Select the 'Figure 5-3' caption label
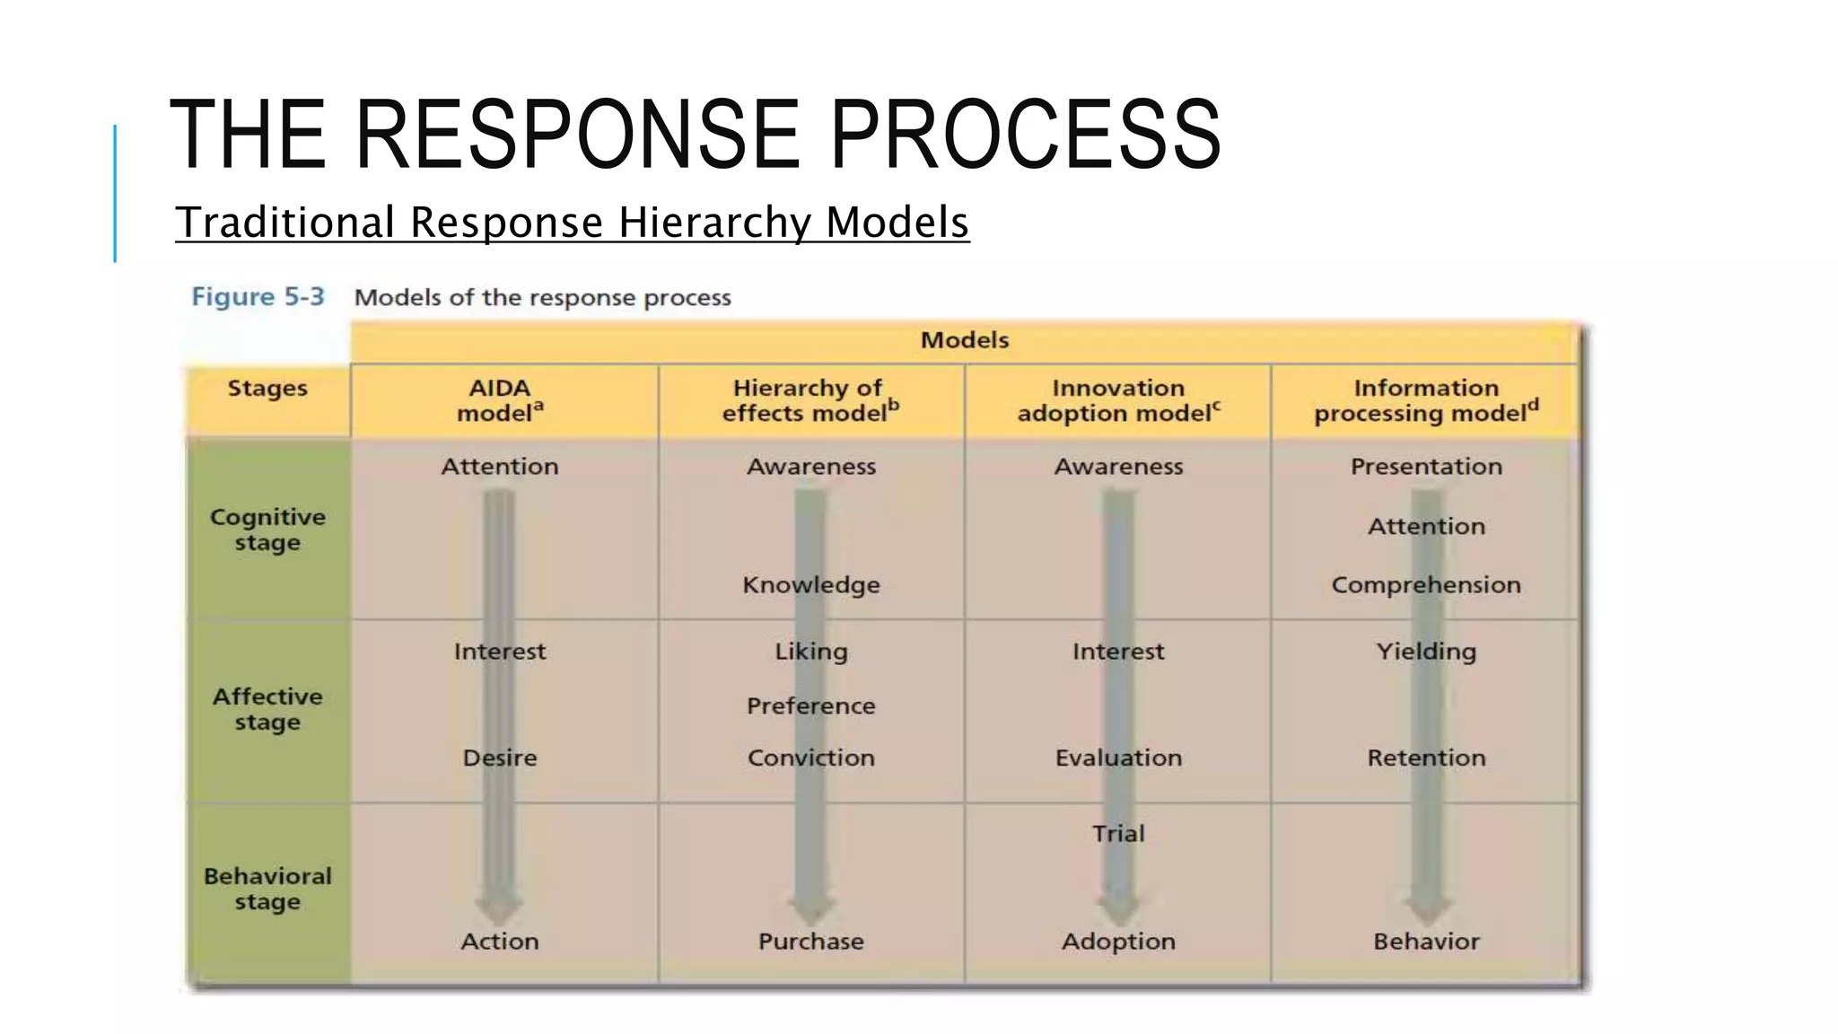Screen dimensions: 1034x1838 (x=258, y=297)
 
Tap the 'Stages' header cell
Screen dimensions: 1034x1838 (x=267, y=389)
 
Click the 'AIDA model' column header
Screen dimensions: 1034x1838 (x=500, y=400)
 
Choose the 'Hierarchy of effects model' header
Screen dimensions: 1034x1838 (x=810, y=400)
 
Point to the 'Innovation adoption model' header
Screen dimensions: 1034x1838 (x=1118, y=400)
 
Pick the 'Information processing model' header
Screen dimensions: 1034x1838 (x=1426, y=400)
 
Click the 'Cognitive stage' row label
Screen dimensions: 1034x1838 (x=267, y=530)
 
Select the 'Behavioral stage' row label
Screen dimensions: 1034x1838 (x=267, y=889)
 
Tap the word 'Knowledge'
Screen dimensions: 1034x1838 (x=811, y=585)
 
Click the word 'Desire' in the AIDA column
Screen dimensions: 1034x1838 (x=500, y=758)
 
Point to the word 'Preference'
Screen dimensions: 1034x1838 (x=811, y=705)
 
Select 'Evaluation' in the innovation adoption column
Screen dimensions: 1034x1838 (x=1118, y=758)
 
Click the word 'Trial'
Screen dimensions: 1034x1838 (x=1118, y=833)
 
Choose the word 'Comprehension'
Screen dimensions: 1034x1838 (x=1426, y=585)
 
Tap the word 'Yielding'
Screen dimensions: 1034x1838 (x=1426, y=652)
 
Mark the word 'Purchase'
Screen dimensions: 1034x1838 (x=811, y=941)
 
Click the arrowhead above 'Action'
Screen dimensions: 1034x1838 (x=500, y=908)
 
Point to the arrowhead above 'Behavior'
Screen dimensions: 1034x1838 (x=1427, y=908)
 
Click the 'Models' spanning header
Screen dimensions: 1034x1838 (x=965, y=340)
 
